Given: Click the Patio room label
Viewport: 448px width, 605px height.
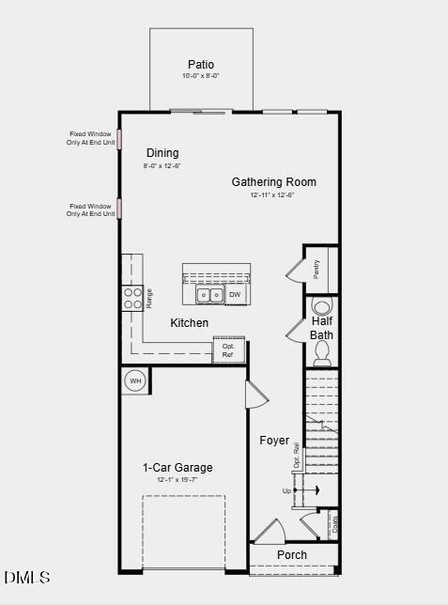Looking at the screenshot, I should coord(201,65).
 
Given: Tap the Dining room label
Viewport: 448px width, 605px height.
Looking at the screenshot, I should coord(162,153).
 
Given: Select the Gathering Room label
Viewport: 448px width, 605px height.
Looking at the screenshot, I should coord(273,181).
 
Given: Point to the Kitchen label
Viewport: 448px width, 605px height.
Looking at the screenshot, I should coord(189,323).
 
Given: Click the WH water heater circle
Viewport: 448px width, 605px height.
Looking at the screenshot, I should coord(135,380).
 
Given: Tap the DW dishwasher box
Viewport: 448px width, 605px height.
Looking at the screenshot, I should coord(235,295).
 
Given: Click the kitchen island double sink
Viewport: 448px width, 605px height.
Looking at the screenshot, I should coord(209,295).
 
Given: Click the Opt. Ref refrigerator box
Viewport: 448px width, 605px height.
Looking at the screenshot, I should coord(227,350).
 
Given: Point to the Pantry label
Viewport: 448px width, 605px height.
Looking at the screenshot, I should coord(317,269).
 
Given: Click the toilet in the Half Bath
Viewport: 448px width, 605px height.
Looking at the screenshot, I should coord(322,351).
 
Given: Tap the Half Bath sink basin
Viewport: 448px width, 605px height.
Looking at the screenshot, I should coord(321,306).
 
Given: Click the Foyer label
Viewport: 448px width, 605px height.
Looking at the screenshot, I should coord(274,440).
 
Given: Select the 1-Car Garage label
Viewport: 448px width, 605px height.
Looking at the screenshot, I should coord(178,468).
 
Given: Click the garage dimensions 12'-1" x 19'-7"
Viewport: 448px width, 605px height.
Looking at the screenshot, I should coord(178,480).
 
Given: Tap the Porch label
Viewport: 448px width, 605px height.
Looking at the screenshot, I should coord(292,554).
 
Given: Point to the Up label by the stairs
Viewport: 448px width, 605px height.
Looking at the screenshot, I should coord(286,490).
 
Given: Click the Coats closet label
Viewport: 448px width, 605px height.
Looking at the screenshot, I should coord(335,523).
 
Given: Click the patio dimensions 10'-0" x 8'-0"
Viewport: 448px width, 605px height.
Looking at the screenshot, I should coord(201,76).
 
